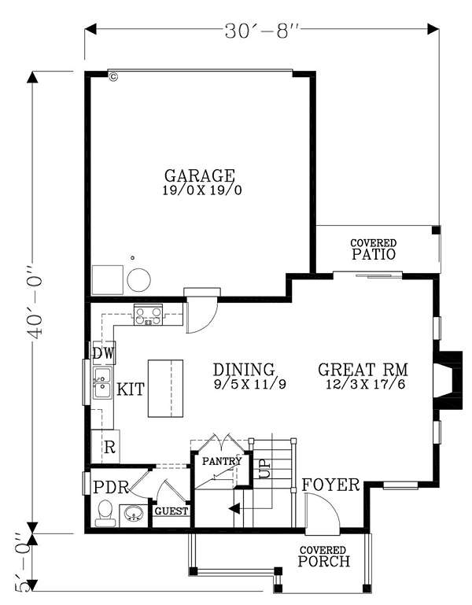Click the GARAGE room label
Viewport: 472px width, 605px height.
pyautogui.click(x=199, y=175)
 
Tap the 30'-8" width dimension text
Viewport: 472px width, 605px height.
pyautogui.click(x=262, y=31)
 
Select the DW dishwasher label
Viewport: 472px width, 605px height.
pyautogui.click(x=104, y=353)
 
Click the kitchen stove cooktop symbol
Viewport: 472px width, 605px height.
pyautogui.click(x=148, y=314)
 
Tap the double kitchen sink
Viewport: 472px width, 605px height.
pyautogui.click(x=102, y=383)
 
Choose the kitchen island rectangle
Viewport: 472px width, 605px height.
pyautogui.click(x=165, y=389)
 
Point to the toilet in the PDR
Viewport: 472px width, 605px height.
pyautogui.click(x=105, y=514)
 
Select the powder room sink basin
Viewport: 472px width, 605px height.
pyautogui.click(x=134, y=513)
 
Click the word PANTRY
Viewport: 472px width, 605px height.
pyautogui.click(x=222, y=461)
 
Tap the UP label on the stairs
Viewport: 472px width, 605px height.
pyautogui.click(x=265, y=469)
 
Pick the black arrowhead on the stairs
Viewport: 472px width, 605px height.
pyautogui.click(x=234, y=508)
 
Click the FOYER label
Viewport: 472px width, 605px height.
pyautogui.click(x=330, y=485)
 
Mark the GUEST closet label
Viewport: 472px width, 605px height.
pyautogui.click(x=171, y=511)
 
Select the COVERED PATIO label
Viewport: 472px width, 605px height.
pyautogui.click(x=373, y=249)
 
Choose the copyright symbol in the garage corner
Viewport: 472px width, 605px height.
pyautogui.click(x=113, y=77)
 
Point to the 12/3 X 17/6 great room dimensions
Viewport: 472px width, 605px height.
pyautogui.click(x=366, y=384)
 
